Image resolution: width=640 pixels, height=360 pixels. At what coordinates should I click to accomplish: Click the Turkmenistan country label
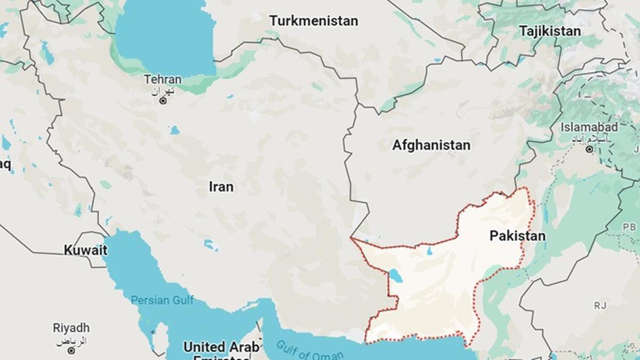click(314, 21)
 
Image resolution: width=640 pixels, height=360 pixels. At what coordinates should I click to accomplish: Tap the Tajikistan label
click(550, 31)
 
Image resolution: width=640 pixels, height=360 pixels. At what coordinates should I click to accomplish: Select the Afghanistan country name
click(431, 145)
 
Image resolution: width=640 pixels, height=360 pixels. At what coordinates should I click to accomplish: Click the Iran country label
click(221, 187)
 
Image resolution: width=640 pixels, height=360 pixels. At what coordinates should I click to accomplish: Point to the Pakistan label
click(517, 236)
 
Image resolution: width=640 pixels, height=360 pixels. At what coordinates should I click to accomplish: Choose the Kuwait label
click(85, 250)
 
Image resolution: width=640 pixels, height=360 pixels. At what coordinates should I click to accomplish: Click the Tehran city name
click(163, 79)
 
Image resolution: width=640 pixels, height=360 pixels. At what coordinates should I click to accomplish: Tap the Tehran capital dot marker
click(163, 100)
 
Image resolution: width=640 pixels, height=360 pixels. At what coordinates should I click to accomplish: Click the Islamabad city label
click(589, 127)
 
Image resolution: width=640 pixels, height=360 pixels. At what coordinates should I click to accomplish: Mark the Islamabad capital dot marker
click(589, 149)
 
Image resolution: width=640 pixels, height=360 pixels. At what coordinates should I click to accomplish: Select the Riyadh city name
click(71, 328)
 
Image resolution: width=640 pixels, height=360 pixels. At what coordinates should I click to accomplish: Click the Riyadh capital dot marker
click(71, 350)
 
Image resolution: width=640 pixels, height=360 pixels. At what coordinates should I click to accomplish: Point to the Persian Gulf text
click(163, 300)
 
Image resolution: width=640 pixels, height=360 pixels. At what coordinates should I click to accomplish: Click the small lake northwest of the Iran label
click(174, 130)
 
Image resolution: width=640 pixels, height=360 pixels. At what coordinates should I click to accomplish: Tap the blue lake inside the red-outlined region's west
click(395, 275)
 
